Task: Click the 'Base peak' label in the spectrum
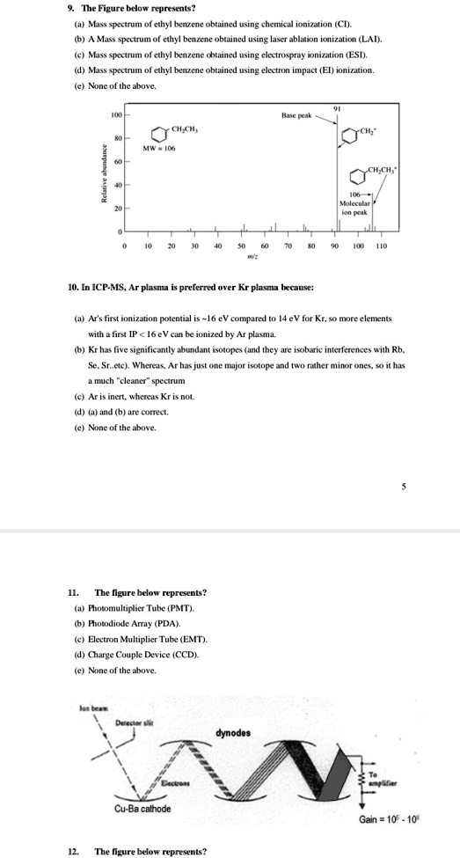295,115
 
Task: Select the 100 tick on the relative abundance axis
115,115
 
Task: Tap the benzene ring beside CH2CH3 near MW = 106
158,134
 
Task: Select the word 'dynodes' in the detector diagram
233,732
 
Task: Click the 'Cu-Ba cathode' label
142,808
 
